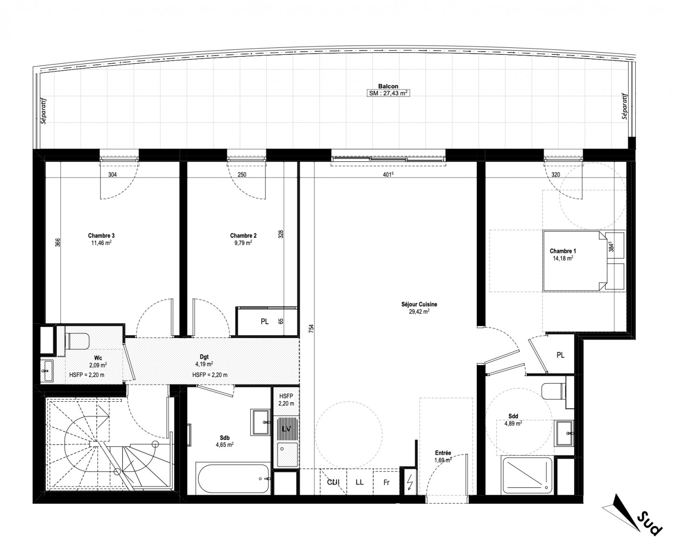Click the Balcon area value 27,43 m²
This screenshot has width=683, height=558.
(x=393, y=93)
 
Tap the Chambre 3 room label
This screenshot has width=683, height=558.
(x=101, y=236)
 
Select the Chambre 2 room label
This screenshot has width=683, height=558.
(x=243, y=236)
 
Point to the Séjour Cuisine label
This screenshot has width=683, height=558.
(x=419, y=304)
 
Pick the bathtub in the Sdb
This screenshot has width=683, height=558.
(x=232, y=479)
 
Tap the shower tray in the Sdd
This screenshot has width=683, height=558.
(x=526, y=475)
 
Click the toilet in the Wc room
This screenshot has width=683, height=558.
(x=77, y=341)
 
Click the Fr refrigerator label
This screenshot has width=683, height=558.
(x=386, y=483)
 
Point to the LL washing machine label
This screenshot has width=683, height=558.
(x=360, y=482)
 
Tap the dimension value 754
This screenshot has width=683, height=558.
(x=311, y=329)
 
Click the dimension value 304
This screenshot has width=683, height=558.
(x=112, y=175)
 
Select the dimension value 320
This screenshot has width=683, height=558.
(x=555, y=175)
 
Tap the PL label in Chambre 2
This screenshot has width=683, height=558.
(x=264, y=322)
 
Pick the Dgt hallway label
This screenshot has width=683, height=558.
(x=204, y=357)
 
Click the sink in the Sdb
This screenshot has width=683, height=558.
(x=260, y=422)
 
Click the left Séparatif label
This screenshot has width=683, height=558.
(x=43, y=111)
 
